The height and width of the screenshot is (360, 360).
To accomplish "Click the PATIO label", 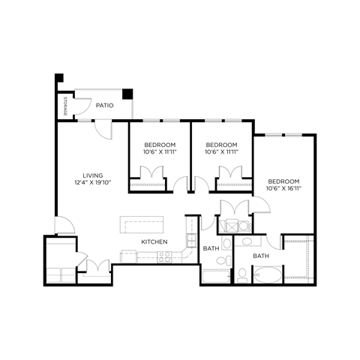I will (105, 106).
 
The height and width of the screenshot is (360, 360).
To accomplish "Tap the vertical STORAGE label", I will (66, 105).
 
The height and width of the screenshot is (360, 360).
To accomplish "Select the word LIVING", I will (93, 175).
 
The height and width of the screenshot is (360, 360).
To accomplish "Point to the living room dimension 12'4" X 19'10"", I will (93, 183).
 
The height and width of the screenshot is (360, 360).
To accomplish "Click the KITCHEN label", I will (154, 241).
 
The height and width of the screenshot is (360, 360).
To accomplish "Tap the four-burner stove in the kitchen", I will (164, 257).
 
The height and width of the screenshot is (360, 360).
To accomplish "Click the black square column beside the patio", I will (127, 94).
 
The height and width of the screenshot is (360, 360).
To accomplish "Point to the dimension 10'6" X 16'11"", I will (284, 189).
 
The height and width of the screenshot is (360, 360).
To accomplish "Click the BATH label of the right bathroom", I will (261, 256).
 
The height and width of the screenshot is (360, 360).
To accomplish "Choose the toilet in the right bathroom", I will (241, 275).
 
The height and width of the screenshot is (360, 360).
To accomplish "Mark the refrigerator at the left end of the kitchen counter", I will (127, 256).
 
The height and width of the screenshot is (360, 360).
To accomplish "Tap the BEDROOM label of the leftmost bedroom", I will (160, 145).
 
